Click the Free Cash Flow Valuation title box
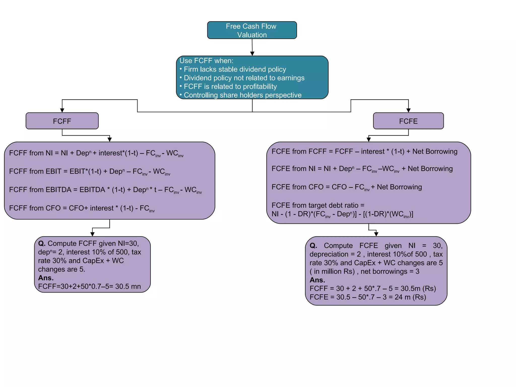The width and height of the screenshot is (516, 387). pos(252,30)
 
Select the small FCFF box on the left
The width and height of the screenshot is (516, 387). pos(62,121)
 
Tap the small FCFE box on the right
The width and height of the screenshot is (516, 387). pos(408,121)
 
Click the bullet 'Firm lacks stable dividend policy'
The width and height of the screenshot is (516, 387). pos(235,69)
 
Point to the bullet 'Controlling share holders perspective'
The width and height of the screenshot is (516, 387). pos(242,95)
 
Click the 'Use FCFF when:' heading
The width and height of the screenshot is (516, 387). pos(206,61)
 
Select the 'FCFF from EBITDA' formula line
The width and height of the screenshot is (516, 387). pos(105,190)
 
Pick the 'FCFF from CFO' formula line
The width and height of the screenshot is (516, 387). pos(82,208)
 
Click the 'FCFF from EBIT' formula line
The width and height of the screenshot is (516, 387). pos(89,172)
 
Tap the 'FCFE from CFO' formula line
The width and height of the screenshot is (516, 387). pos(346,187)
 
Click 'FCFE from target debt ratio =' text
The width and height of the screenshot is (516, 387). pos(318,205)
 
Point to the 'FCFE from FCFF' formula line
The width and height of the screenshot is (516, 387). pos(364,151)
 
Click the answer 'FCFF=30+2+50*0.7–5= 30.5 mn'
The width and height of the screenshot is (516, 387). pos(89,286)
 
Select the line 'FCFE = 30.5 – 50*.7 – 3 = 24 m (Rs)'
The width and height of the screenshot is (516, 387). pos(368,297)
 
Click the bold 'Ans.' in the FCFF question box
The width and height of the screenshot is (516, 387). pos(46,278)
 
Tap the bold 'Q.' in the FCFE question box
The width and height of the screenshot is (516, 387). pos(313,246)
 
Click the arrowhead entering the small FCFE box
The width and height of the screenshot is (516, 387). pos(408,110)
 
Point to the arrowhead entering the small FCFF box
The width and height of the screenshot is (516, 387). pos(62,110)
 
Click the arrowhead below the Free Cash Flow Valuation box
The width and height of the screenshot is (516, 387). pos(252,53)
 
